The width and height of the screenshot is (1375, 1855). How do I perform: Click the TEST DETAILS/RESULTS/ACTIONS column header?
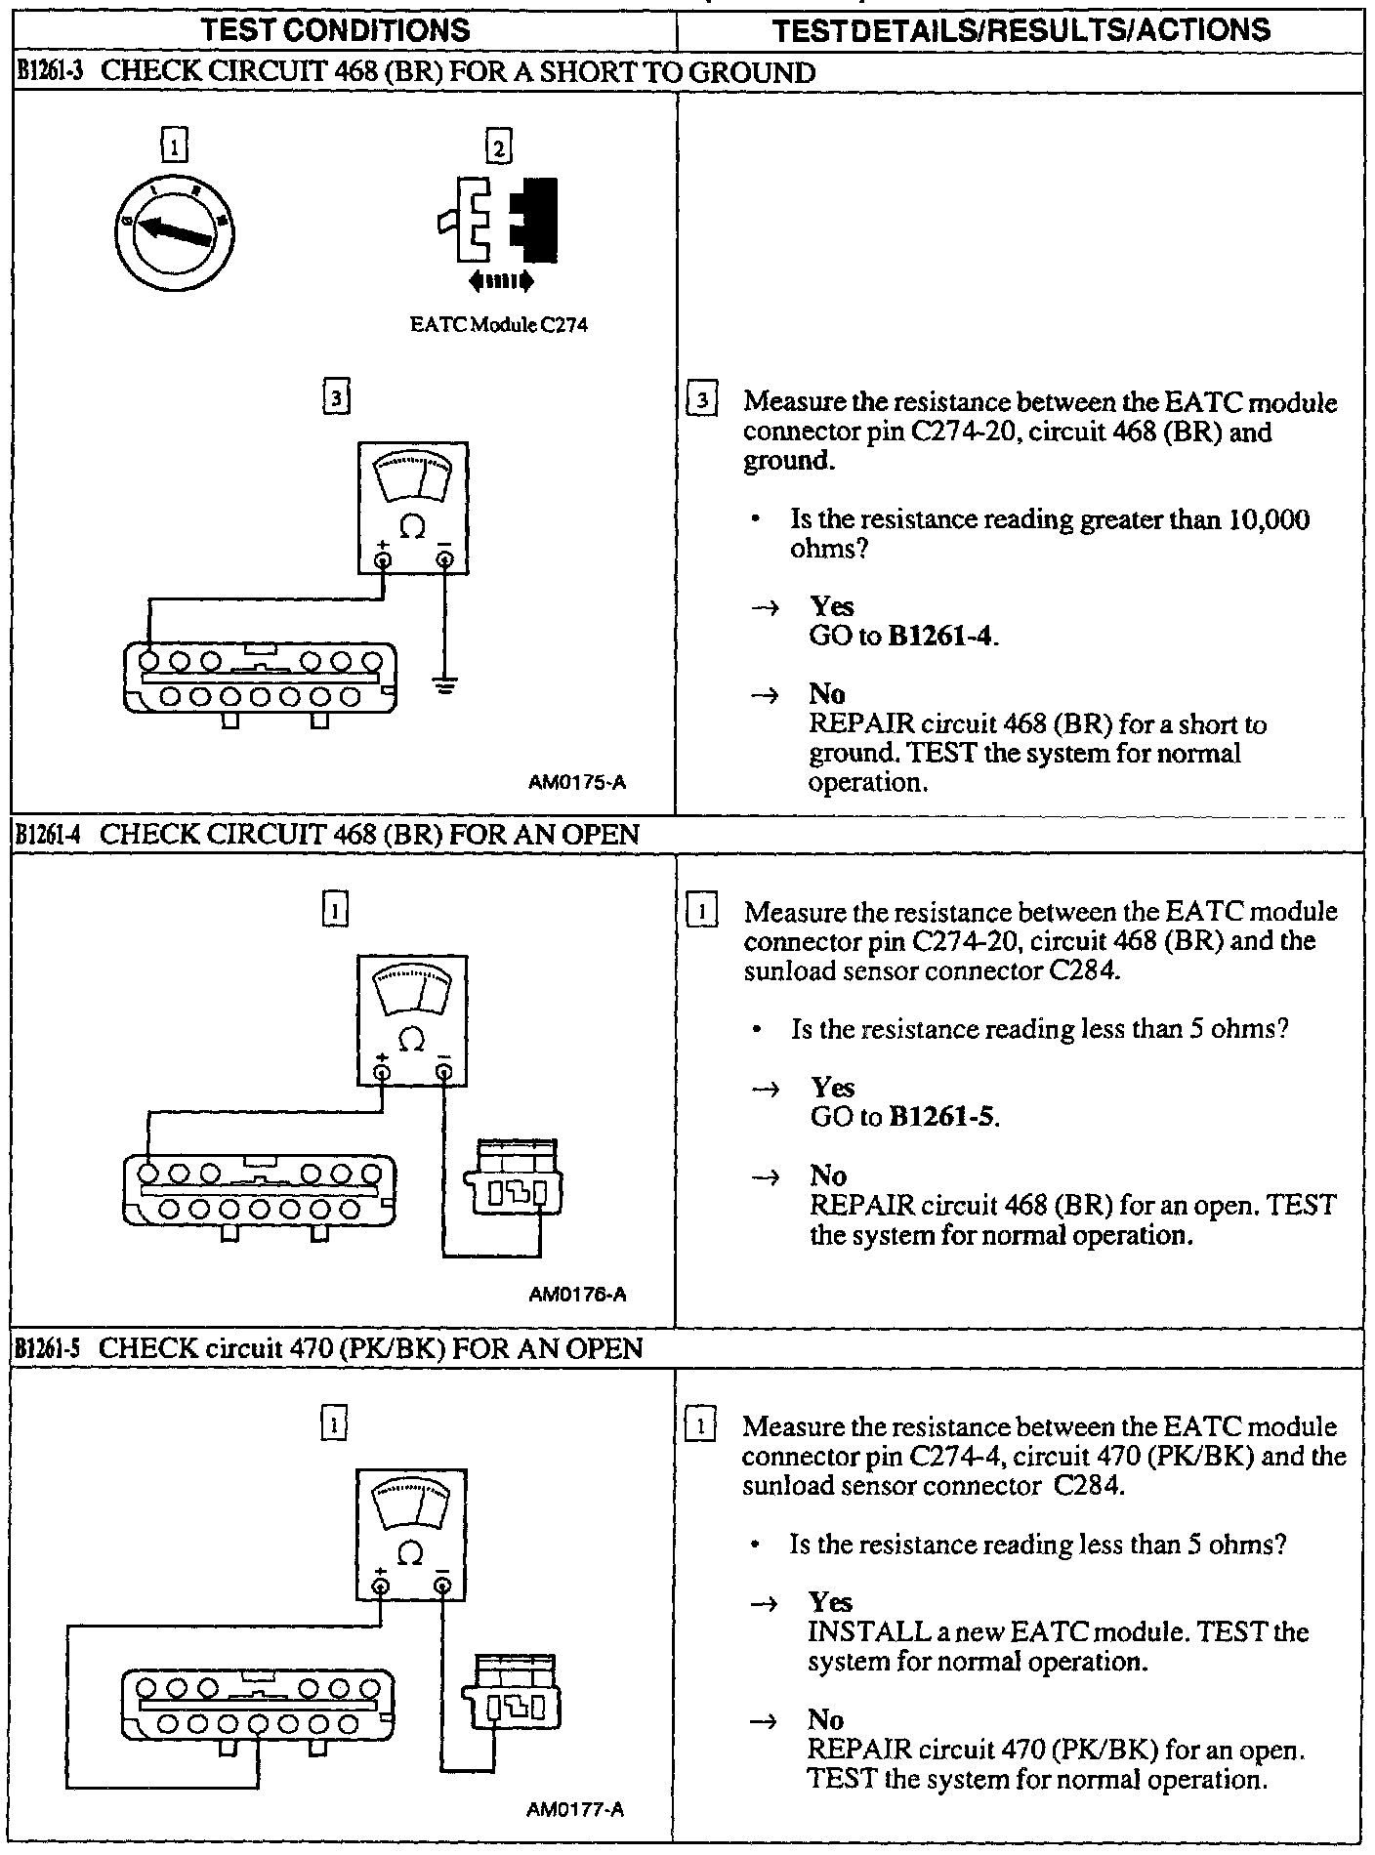pos(1021,29)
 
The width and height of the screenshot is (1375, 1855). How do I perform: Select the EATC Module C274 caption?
pos(499,326)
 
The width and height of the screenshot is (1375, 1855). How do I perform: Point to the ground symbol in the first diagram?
pos(445,686)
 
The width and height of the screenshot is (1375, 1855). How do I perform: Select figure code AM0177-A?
pos(575,1809)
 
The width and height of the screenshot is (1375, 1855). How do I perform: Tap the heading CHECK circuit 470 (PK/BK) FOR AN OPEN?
pos(371,1348)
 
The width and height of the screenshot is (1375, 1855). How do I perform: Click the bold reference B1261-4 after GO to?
pos(941,637)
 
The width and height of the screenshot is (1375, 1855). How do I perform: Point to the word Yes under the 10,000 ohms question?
pos(831,606)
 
